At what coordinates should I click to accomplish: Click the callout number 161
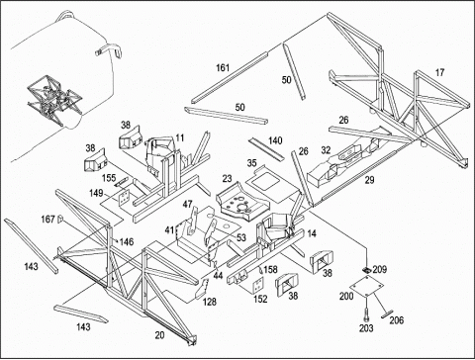click(223, 68)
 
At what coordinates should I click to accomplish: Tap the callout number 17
click(439, 72)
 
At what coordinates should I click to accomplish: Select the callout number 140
click(275, 140)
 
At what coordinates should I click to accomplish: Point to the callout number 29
click(369, 180)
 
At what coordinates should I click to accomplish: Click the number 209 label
click(380, 269)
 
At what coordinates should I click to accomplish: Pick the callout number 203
click(366, 327)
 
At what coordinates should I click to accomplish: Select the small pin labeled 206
click(386, 315)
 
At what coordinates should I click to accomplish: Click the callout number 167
click(47, 219)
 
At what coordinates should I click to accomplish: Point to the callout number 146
click(127, 241)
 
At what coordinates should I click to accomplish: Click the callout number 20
click(159, 335)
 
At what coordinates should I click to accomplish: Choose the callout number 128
click(210, 302)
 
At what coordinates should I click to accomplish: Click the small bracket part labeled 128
click(202, 289)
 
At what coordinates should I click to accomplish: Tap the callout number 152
click(260, 299)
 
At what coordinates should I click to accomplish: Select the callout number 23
click(227, 178)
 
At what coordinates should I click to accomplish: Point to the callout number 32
click(326, 150)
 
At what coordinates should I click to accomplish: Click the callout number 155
click(109, 178)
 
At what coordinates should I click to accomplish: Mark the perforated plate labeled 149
click(124, 197)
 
